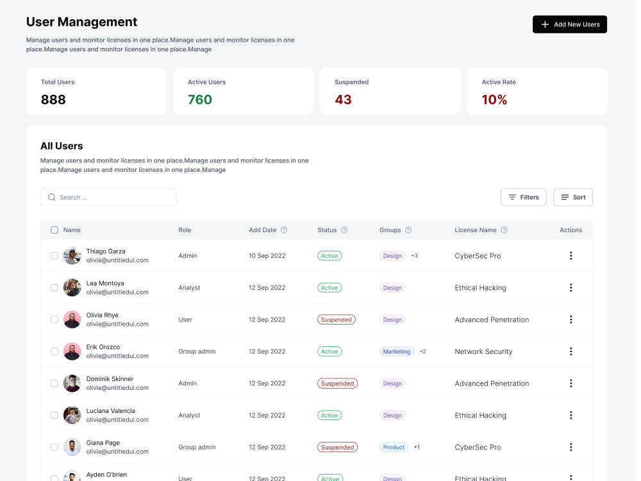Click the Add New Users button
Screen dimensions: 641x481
(569, 24)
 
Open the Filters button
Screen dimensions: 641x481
(523, 197)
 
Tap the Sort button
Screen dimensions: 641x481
(572, 197)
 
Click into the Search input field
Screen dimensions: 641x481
(108, 197)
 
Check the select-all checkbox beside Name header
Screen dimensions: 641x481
(54, 230)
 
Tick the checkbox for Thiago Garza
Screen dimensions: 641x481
(54, 256)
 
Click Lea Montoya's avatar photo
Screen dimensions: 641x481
(72, 287)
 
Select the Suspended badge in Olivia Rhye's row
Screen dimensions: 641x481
(336, 319)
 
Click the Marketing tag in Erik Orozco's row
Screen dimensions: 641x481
(397, 351)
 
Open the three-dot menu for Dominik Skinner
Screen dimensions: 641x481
(570, 384)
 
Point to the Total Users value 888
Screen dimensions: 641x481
(53, 99)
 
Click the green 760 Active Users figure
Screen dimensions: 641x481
(200, 99)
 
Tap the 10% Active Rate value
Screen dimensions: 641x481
(494, 99)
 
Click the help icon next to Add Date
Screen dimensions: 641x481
(284, 230)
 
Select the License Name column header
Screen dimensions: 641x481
(476, 230)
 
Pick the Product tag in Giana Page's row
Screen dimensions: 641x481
(394, 447)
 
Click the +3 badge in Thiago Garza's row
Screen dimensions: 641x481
(415, 256)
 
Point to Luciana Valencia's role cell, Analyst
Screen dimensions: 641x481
(189, 415)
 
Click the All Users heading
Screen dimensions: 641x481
(62, 146)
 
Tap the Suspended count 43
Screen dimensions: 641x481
(343, 99)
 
